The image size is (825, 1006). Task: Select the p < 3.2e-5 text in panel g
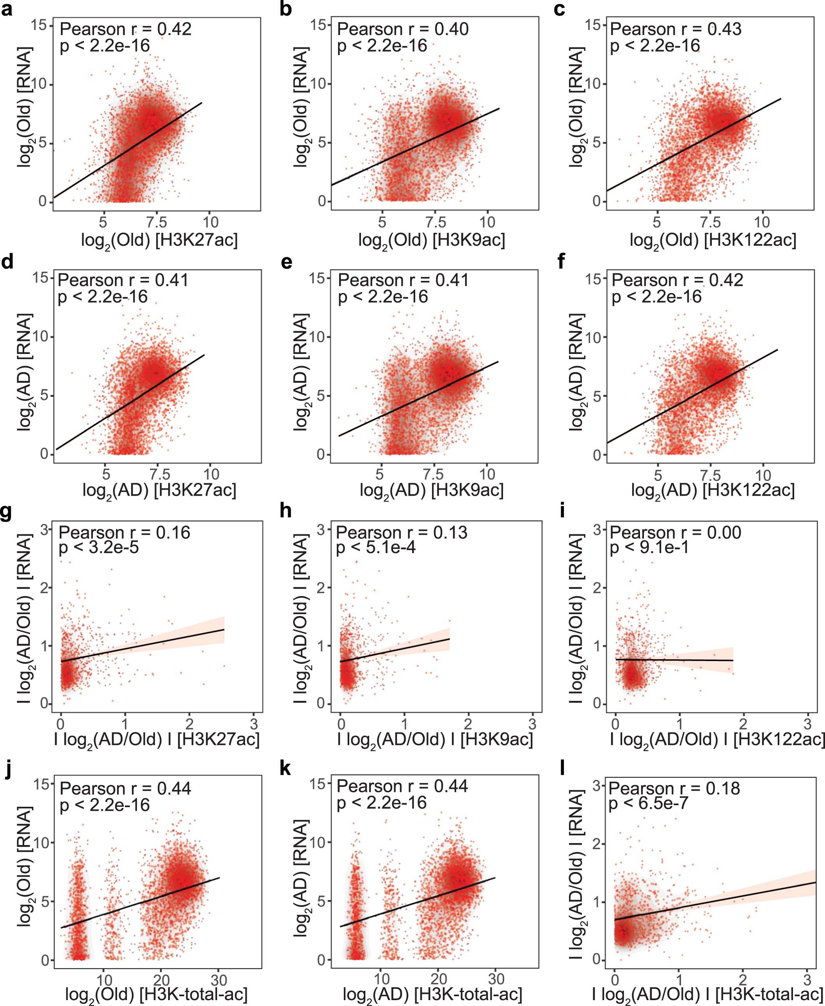(x=98, y=547)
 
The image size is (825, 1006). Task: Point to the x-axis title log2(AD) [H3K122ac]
(x=713, y=490)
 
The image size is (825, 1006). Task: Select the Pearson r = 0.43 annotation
(x=675, y=29)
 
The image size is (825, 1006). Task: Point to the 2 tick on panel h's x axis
(x=468, y=724)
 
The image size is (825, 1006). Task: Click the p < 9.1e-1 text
(x=649, y=547)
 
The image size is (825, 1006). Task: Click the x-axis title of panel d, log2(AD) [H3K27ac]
(x=159, y=490)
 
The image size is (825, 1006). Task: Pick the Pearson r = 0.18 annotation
(x=674, y=788)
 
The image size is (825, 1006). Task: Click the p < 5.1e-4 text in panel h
(x=375, y=547)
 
